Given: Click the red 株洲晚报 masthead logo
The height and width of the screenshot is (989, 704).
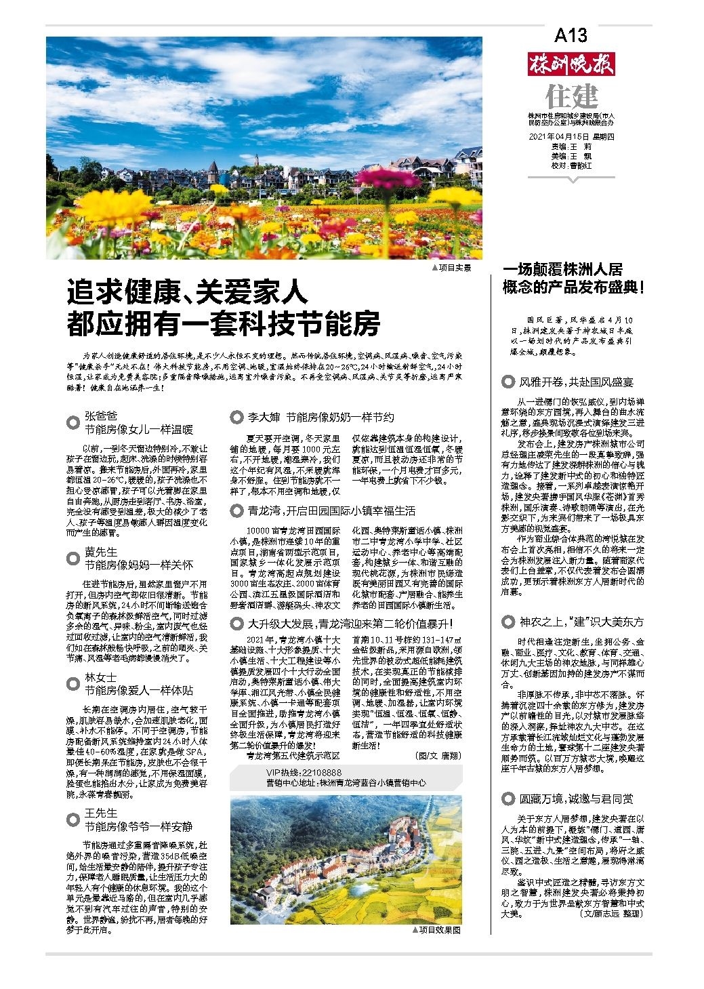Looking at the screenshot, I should [571, 65].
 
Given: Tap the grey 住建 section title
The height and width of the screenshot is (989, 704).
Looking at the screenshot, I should [572, 96].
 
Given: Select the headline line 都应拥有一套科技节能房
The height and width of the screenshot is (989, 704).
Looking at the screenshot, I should [223, 324].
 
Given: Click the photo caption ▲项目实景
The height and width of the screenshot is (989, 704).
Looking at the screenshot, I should [451, 268].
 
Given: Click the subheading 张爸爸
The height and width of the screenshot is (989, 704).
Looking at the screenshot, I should [101, 416].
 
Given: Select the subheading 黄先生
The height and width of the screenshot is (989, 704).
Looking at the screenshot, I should [101, 552].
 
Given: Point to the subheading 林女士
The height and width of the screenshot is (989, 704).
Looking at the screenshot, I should [101, 678].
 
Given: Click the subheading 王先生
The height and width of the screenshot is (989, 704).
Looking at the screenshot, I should [101, 813].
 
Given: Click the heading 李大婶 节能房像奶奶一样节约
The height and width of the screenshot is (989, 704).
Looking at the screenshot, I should [320, 417].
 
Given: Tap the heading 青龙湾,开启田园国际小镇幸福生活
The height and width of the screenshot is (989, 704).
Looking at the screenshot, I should [331, 510].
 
